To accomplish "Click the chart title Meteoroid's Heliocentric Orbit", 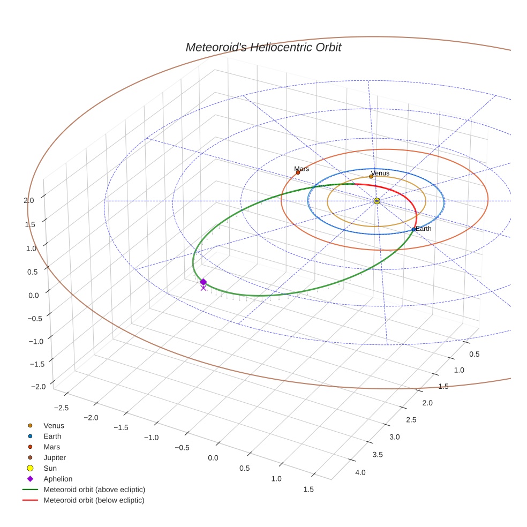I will click(x=263, y=47).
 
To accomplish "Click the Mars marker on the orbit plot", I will click(x=298, y=172).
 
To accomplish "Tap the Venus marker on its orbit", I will click(x=371, y=176).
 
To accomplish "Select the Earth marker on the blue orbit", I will click(x=413, y=229).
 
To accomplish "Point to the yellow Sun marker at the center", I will click(x=377, y=201).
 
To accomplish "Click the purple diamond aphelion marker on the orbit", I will click(x=203, y=282).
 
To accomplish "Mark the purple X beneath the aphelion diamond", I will click(x=203, y=288).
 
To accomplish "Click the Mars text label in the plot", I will click(x=302, y=169).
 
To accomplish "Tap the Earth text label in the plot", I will click(x=424, y=229).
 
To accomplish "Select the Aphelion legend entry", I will click(x=58, y=479).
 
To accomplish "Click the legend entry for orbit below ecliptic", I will click(x=94, y=500).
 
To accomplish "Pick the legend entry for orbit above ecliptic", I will click(x=94, y=490).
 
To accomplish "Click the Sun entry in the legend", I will click(x=50, y=468).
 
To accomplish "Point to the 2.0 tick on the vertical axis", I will click(x=29, y=200).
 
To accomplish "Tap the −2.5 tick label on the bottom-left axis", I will click(x=62, y=408).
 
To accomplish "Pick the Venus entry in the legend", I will click(x=54, y=426).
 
